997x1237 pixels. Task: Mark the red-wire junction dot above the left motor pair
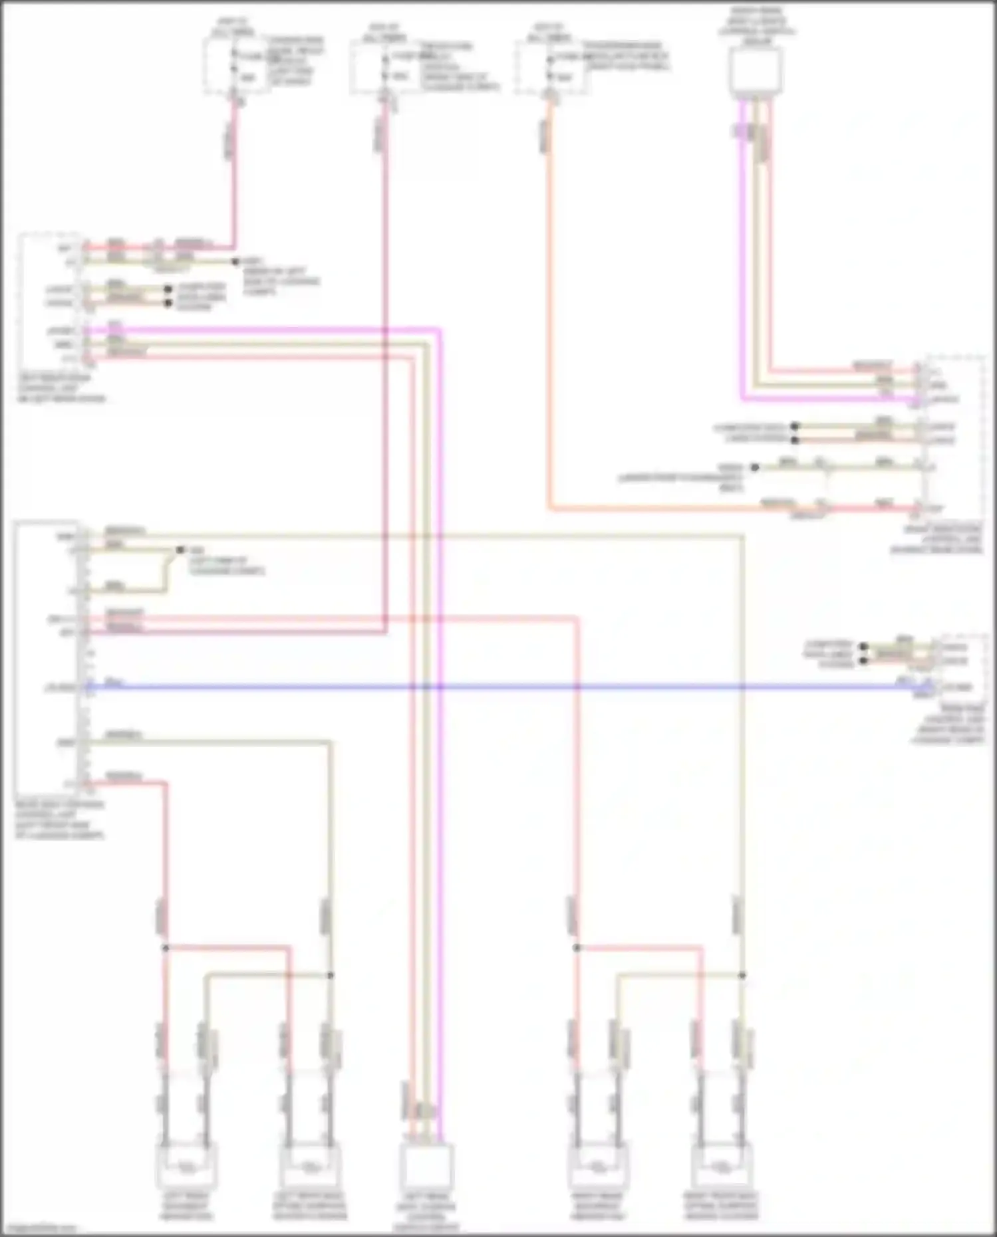[166, 948]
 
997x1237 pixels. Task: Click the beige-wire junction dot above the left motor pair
[331, 975]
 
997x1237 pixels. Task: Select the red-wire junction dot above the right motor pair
[577, 948]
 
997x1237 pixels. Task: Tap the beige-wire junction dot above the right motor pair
[742, 975]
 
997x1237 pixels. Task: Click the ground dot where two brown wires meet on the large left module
[180, 550]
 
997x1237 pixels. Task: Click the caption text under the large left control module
[60, 820]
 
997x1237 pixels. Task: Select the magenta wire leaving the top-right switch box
[742, 266]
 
